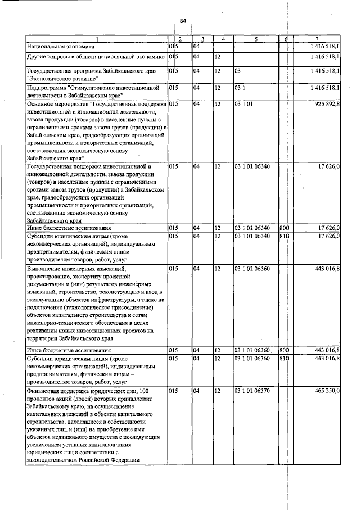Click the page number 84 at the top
pyautogui.click(x=183, y=21)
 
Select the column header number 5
pyautogui.click(x=255, y=39)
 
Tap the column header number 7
pyautogui.click(x=318, y=39)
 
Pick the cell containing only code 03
pyautogui.click(x=238, y=71)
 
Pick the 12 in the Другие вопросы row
pyautogui.click(x=217, y=57)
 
